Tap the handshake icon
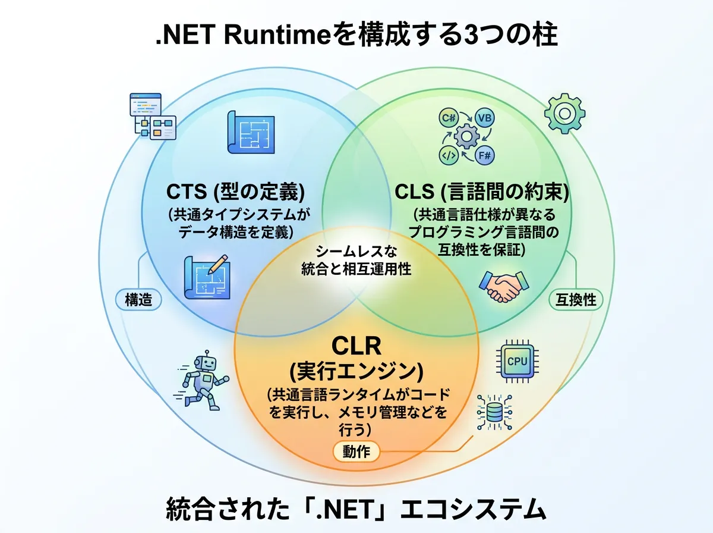click(x=503, y=286)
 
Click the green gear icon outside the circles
click(x=564, y=112)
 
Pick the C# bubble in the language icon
click(x=447, y=118)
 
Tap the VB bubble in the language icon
click(x=485, y=118)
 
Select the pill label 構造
click(x=138, y=300)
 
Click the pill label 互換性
click(x=575, y=299)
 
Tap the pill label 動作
click(x=356, y=452)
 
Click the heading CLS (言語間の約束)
click(x=482, y=192)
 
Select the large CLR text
click(x=356, y=346)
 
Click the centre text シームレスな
click(x=355, y=251)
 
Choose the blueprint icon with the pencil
click(x=207, y=275)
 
